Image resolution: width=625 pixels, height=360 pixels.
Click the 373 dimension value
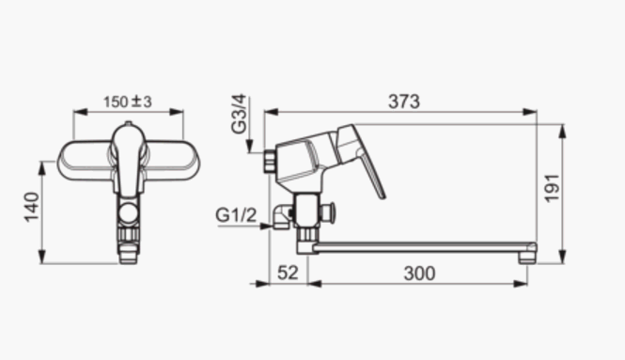click(404, 102)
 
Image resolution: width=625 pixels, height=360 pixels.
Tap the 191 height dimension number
click(553, 188)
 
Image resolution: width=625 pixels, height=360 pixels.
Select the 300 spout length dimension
click(419, 274)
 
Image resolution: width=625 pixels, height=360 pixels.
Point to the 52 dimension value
click(288, 273)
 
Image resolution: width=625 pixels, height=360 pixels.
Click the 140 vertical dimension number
click(32, 208)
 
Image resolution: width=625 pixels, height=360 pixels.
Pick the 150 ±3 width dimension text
click(128, 102)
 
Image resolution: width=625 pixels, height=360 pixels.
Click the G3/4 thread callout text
click(239, 115)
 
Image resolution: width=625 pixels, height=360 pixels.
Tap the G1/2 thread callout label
click(236, 215)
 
